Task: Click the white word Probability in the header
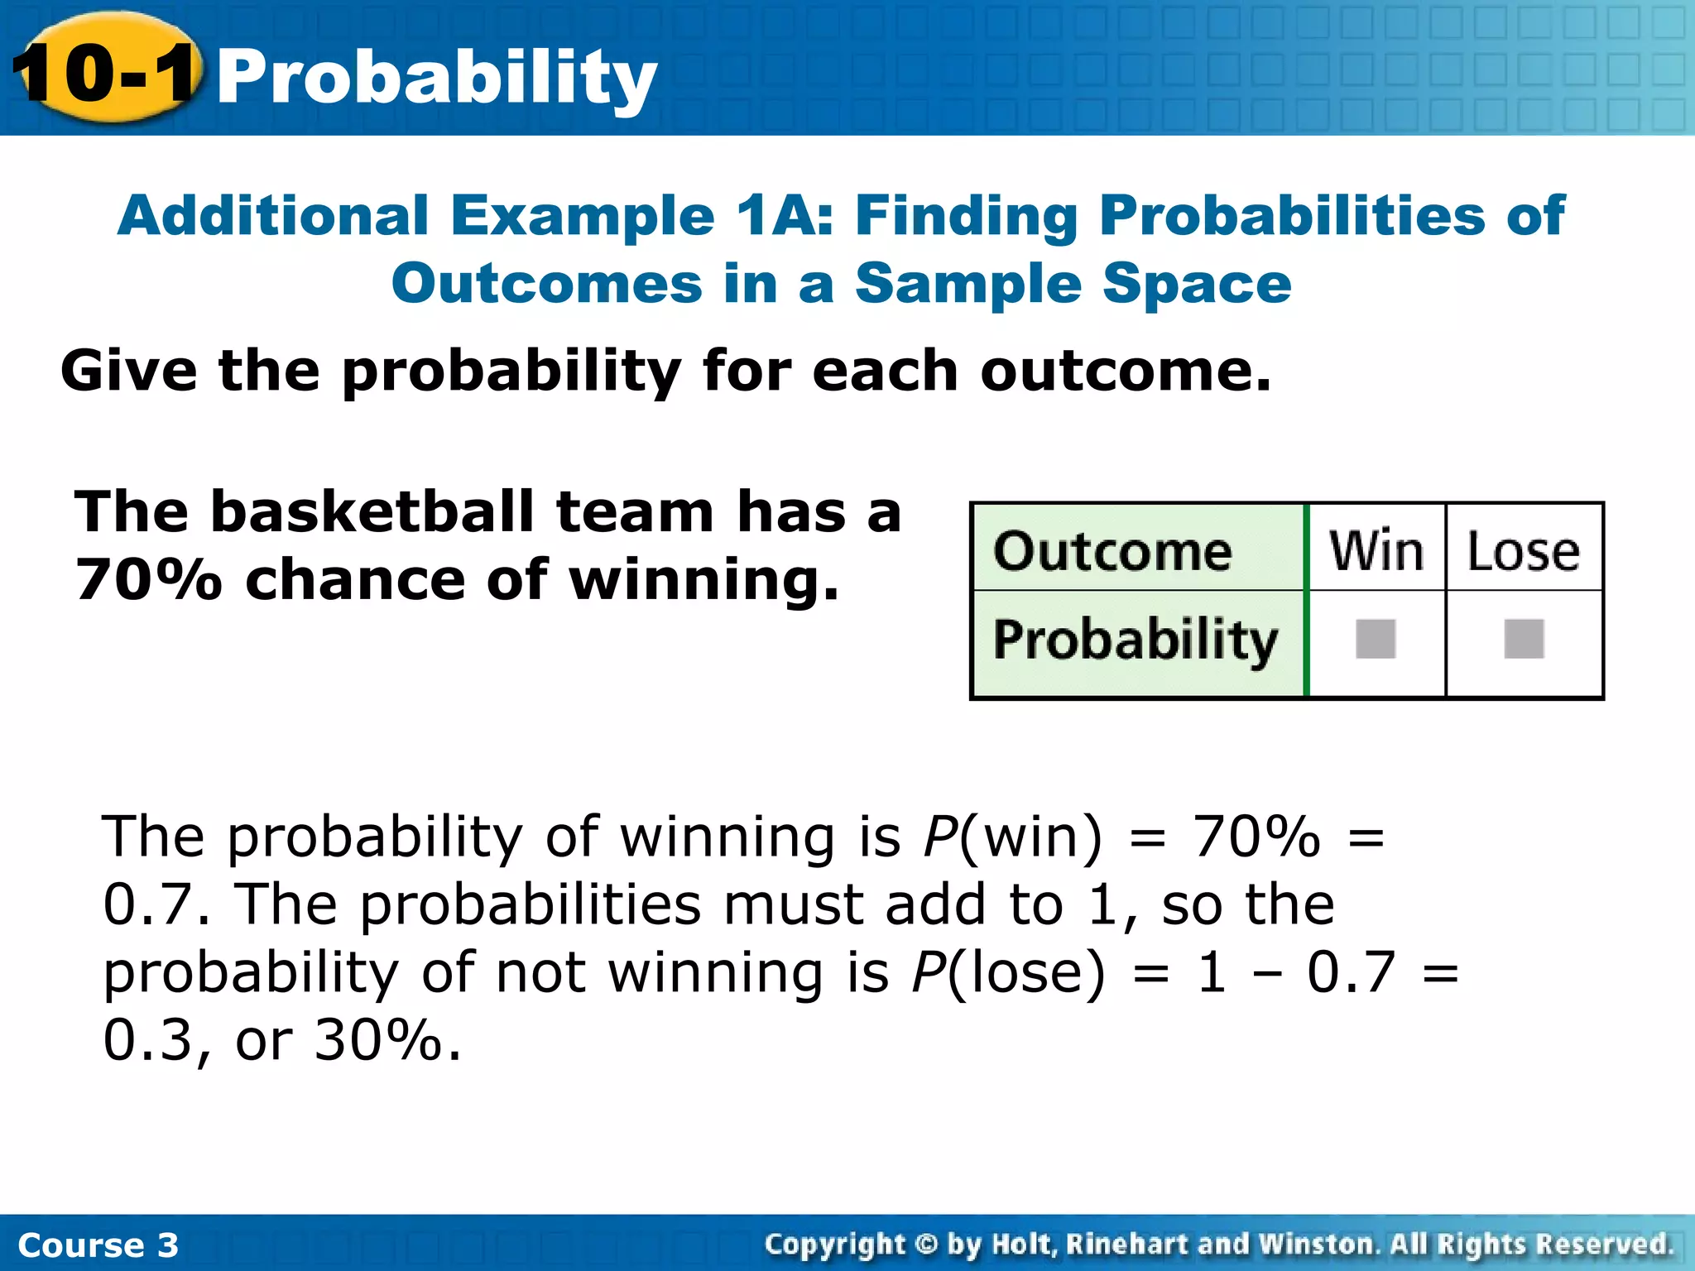(436, 79)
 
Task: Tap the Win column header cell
(1376, 549)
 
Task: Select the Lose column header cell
(1523, 551)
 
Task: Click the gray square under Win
(1376, 639)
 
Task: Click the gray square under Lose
(1524, 639)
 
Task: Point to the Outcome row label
(1112, 551)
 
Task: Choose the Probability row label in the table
(1136, 640)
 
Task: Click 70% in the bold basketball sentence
(149, 579)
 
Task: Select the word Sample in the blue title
(968, 283)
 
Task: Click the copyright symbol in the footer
(926, 1244)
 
